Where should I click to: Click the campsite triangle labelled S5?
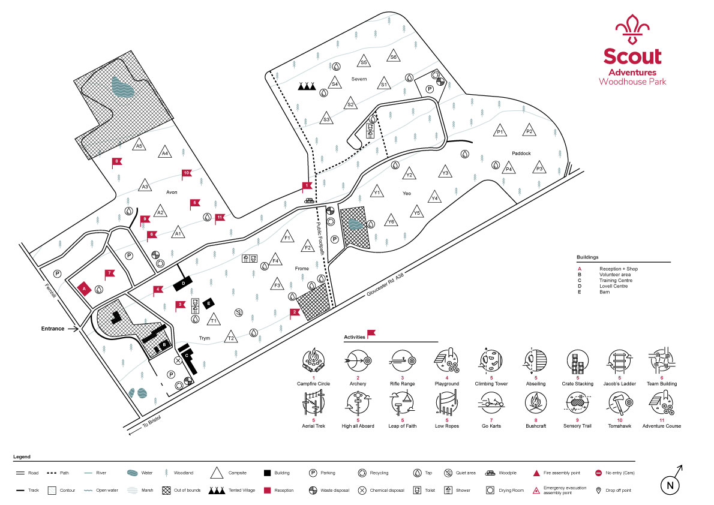point(364,61)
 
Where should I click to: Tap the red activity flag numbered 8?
point(117,162)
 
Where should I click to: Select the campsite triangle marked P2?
point(529,130)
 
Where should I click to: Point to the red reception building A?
point(84,288)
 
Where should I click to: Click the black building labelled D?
point(184,284)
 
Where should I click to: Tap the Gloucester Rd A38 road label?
point(385,285)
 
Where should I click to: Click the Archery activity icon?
point(358,361)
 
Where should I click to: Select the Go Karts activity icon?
point(491,404)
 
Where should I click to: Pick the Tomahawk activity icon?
point(620,404)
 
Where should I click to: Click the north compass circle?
point(670,485)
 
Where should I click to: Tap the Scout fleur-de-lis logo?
point(632,29)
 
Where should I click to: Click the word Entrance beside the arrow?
point(53,328)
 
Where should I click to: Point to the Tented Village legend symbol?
point(217,491)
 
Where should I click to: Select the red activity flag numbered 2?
point(295,313)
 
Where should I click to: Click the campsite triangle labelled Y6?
point(391,221)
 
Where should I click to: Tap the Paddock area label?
point(521,154)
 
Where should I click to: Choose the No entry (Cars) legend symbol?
point(598,473)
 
